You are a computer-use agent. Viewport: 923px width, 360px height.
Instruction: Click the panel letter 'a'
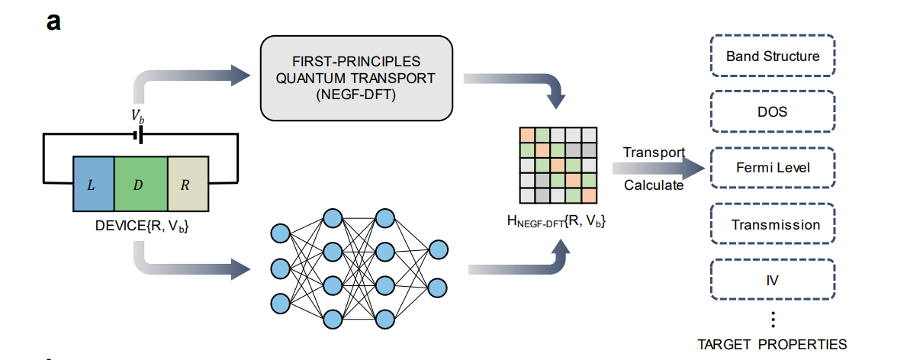(53, 21)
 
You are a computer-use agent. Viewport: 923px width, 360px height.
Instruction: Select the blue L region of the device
(93, 184)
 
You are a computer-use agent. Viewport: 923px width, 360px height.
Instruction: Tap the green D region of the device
(140, 184)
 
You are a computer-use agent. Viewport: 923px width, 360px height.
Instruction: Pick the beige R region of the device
(187, 184)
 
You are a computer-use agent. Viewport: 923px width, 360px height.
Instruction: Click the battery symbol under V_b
(138, 135)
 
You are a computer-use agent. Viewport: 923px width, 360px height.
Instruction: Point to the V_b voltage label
(138, 117)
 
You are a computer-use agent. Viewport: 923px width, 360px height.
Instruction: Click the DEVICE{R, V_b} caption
(142, 225)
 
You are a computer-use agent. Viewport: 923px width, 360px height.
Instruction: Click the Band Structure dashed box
(772, 56)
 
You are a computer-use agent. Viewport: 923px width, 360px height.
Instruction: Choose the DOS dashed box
(772, 111)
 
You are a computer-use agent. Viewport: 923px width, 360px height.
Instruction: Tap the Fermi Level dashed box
(772, 167)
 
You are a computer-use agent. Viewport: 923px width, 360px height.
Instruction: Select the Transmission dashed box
(772, 224)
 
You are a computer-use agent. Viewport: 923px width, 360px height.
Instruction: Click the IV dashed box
(772, 279)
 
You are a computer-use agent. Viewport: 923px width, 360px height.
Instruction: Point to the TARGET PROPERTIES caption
(772, 343)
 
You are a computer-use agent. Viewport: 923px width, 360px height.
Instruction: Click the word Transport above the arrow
(654, 152)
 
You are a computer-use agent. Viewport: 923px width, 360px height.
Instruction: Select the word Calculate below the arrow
(654, 185)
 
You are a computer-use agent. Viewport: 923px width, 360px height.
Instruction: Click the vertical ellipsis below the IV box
(772, 319)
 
